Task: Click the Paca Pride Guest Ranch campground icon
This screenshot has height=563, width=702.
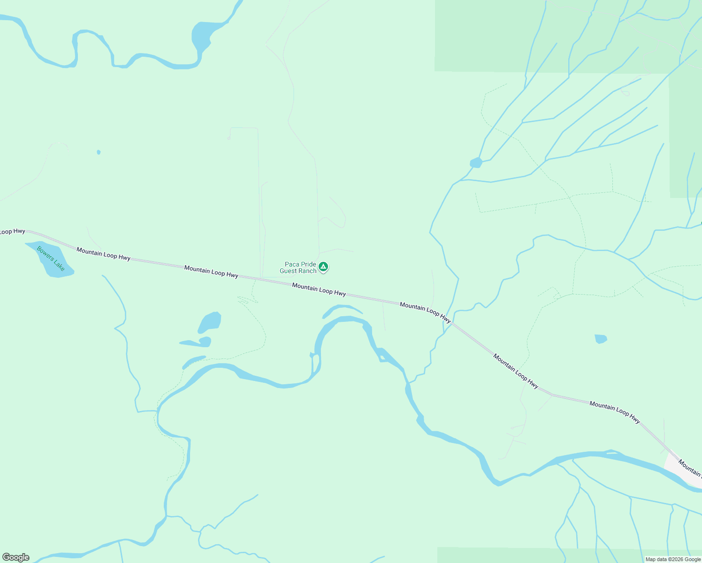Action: pos(323,267)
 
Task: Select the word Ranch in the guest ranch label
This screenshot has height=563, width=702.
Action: pos(307,271)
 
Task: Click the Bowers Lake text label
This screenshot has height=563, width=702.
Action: pos(51,259)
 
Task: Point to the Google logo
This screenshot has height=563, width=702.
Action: pos(15,557)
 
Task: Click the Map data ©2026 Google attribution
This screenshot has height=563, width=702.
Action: pos(672,559)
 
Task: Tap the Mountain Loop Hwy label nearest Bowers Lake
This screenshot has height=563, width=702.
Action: pos(103,254)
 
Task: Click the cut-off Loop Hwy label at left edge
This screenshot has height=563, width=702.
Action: pos(12,231)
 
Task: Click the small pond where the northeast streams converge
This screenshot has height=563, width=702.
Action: pos(476,163)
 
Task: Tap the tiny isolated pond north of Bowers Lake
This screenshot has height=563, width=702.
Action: pos(99,152)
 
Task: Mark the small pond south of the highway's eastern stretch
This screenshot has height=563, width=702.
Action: pos(601,339)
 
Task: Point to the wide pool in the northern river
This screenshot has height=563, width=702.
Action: pos(205,35)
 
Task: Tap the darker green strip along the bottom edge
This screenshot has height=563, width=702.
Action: pos(563,555)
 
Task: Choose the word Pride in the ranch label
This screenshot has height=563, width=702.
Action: pos(308,265)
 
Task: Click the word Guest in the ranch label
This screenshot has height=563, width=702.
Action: pos(288,271)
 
